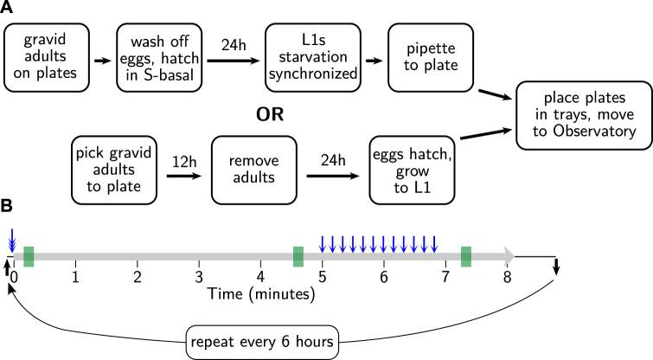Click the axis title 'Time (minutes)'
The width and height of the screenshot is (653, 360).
(x=260, y=295)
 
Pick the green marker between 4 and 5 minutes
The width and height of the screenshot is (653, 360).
(x=298, y=256)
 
